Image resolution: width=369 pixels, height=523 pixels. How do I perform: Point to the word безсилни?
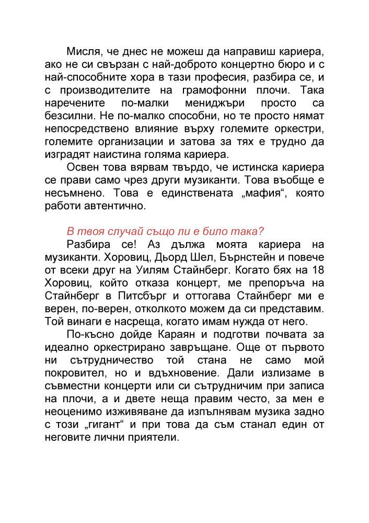67,116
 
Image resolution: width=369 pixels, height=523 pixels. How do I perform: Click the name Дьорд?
162,257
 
